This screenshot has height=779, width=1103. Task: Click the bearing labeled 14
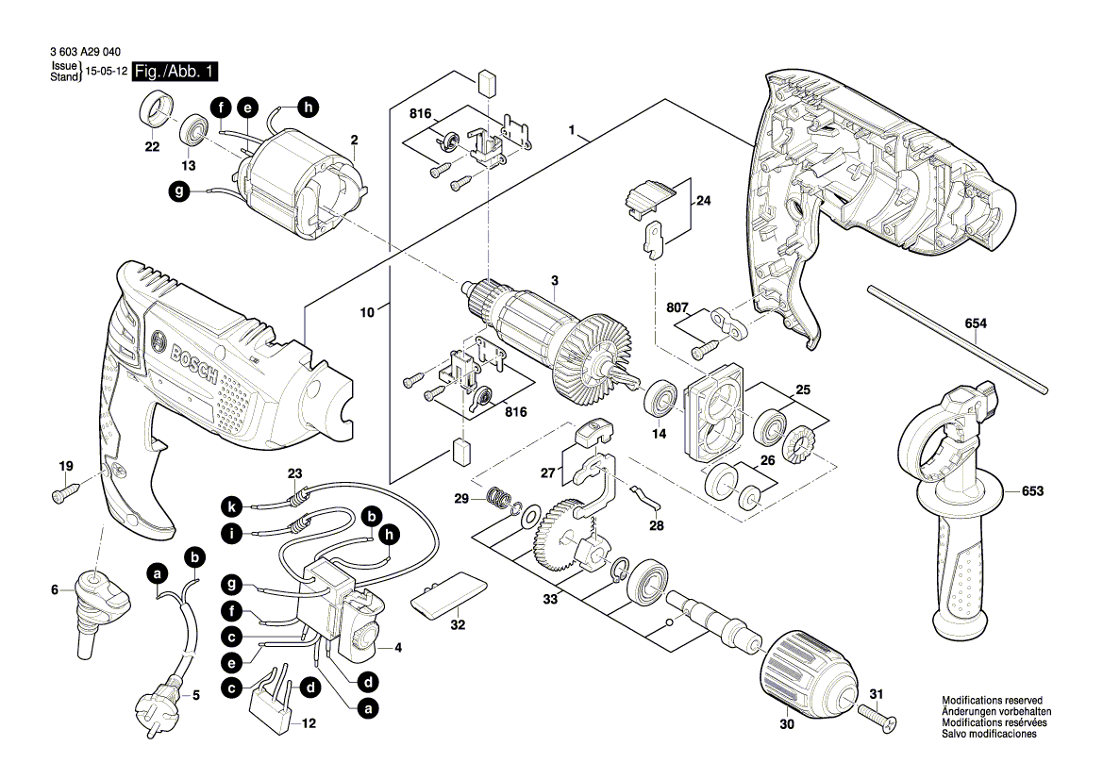click(x=660, y=398)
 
